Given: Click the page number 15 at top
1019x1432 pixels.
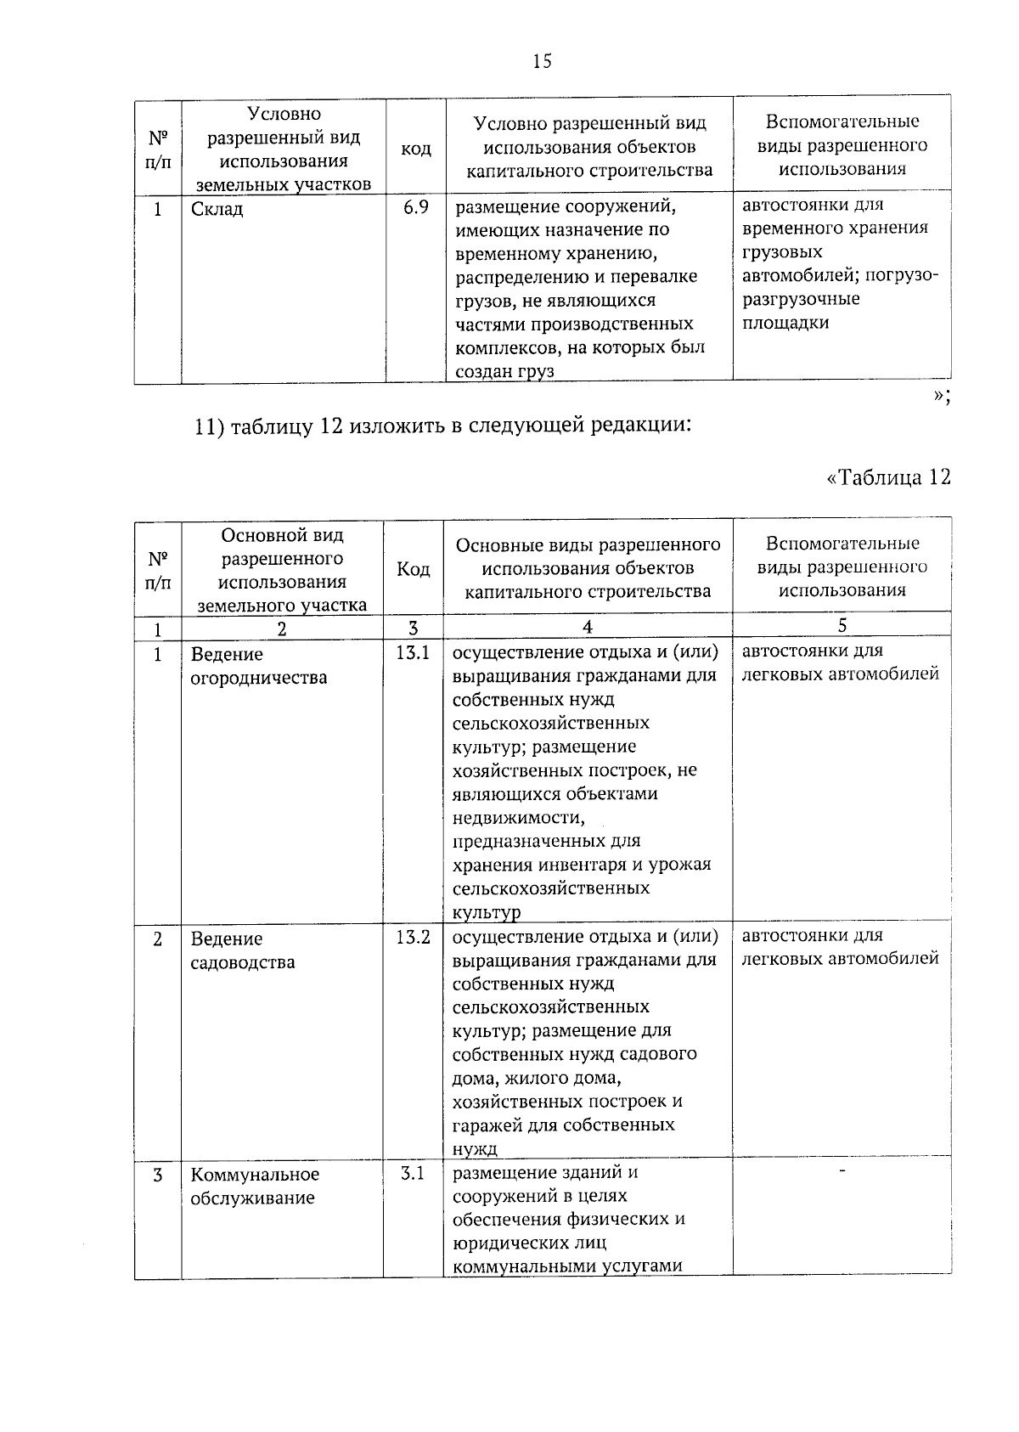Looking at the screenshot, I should tap(542, 61).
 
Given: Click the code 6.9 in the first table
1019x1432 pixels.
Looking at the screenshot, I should tap(415, 207).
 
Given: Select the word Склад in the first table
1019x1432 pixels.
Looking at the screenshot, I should tap(217, 209).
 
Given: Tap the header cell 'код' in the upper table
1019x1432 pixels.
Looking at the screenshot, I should tap(415, 149).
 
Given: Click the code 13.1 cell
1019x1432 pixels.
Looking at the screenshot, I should tap(412, 653).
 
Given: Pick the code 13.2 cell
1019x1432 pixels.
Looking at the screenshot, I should tap(412, 938).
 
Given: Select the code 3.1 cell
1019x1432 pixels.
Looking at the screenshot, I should tap(412, 1174).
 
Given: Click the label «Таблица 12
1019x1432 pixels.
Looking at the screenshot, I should tap(887, 477).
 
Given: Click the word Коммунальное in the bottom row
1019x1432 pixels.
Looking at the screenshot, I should tap(255, 1175).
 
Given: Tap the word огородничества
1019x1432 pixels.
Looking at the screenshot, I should tap(258, 679).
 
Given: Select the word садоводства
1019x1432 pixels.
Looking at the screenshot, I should tap(243, 963).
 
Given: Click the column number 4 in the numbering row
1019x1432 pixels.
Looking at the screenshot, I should tap(587, 627).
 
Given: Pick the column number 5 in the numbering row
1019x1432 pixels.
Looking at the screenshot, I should tap(842, 626).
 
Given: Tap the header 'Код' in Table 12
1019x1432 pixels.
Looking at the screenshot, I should tap(413, 569).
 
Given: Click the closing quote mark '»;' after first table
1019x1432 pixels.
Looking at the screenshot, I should tap(941, 396).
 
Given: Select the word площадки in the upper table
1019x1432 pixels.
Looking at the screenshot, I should tap(785, 324).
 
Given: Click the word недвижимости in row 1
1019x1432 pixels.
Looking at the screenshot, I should tap(518, 818).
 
